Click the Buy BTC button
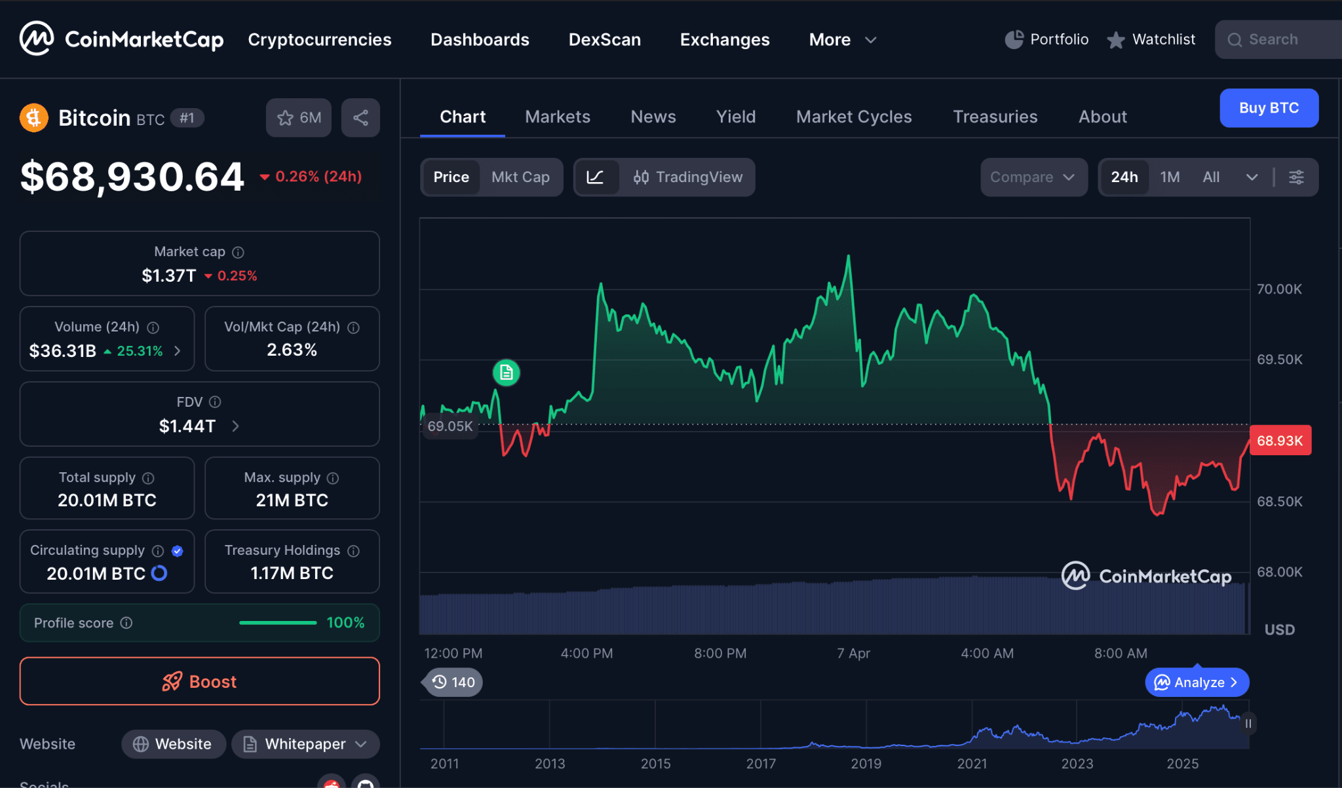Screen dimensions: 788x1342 click(1268, 108)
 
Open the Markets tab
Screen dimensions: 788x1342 click(557, 117)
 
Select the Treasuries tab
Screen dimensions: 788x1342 click(995, 117)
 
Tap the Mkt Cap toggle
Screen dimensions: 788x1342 click(520, 177)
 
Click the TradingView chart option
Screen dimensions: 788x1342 click(688, 177)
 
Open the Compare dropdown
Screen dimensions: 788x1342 click(1033, 177)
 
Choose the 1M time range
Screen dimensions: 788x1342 click(1170, 177)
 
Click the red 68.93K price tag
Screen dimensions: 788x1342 click(1280, 440)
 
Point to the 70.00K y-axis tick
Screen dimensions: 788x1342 click(1278, 289)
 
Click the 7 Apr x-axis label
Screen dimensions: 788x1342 click(853, 653)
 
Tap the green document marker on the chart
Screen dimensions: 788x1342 click(506, 373)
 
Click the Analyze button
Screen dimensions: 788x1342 click(1197, 683)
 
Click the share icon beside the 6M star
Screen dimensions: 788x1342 click(360, 118)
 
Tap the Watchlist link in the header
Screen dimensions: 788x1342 click(1151, 39)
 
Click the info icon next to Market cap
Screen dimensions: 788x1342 click(239, 252)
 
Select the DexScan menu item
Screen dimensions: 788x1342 click(604, 39)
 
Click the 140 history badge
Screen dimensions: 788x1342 click(454, 683)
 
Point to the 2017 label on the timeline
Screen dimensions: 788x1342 click(760, 764)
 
